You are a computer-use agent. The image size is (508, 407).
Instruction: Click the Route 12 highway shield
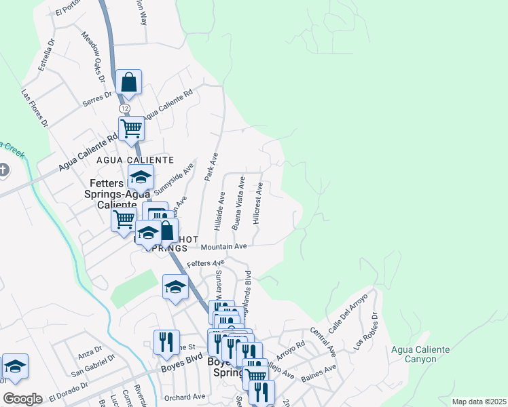(x=124, y=109)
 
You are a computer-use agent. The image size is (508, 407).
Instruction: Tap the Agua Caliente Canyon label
(x=421, y=355)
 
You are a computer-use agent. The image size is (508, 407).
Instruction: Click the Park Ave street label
(x=211, y=166)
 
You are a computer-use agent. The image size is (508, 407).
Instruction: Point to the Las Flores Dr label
(x=35, y=108)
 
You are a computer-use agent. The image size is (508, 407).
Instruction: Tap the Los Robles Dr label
(x=365, y=330)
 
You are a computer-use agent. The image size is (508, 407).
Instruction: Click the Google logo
(x=22, y=399)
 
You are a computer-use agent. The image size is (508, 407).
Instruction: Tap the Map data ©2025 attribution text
(x=478, y=402)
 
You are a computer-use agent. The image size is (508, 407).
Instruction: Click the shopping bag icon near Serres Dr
(x=128, y=83)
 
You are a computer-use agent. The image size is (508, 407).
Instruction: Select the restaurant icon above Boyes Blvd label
(x=166, y=343)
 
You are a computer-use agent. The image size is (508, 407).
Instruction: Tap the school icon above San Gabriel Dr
(x=15, y=367)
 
